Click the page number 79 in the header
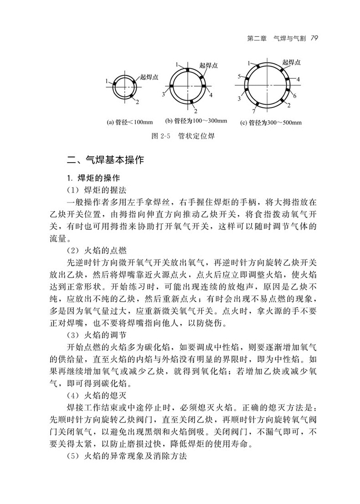312,39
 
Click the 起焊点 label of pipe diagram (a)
149,77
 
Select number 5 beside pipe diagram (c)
239,77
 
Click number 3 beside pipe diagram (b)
163,94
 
